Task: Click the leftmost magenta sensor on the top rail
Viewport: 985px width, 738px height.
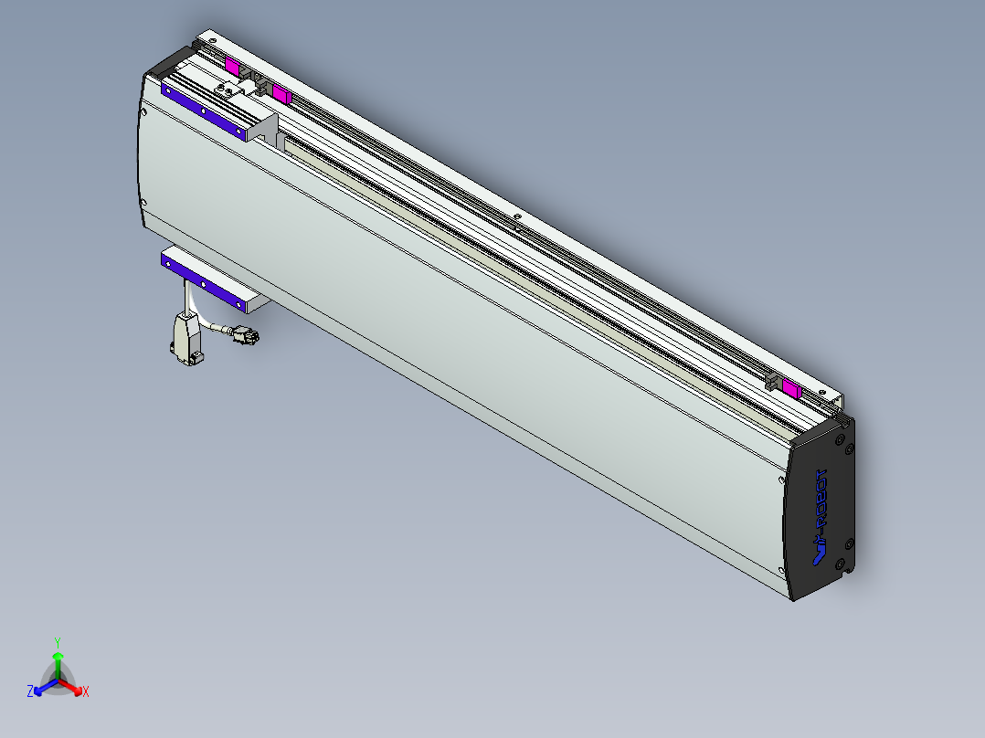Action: pos(232,66)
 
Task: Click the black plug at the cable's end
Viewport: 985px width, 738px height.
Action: pos(246,336)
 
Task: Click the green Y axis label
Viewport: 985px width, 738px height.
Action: pos(58,642)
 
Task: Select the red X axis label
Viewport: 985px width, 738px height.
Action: pos(86,692)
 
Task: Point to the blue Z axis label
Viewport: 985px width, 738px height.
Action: pos(30,692)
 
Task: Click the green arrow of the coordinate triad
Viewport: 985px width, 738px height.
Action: pos(58,661)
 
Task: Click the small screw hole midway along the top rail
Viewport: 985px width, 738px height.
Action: pos(517,217)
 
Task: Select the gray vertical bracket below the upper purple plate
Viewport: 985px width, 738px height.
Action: pos(264,128)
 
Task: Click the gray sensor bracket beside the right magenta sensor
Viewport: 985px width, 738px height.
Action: pos(772,385)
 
